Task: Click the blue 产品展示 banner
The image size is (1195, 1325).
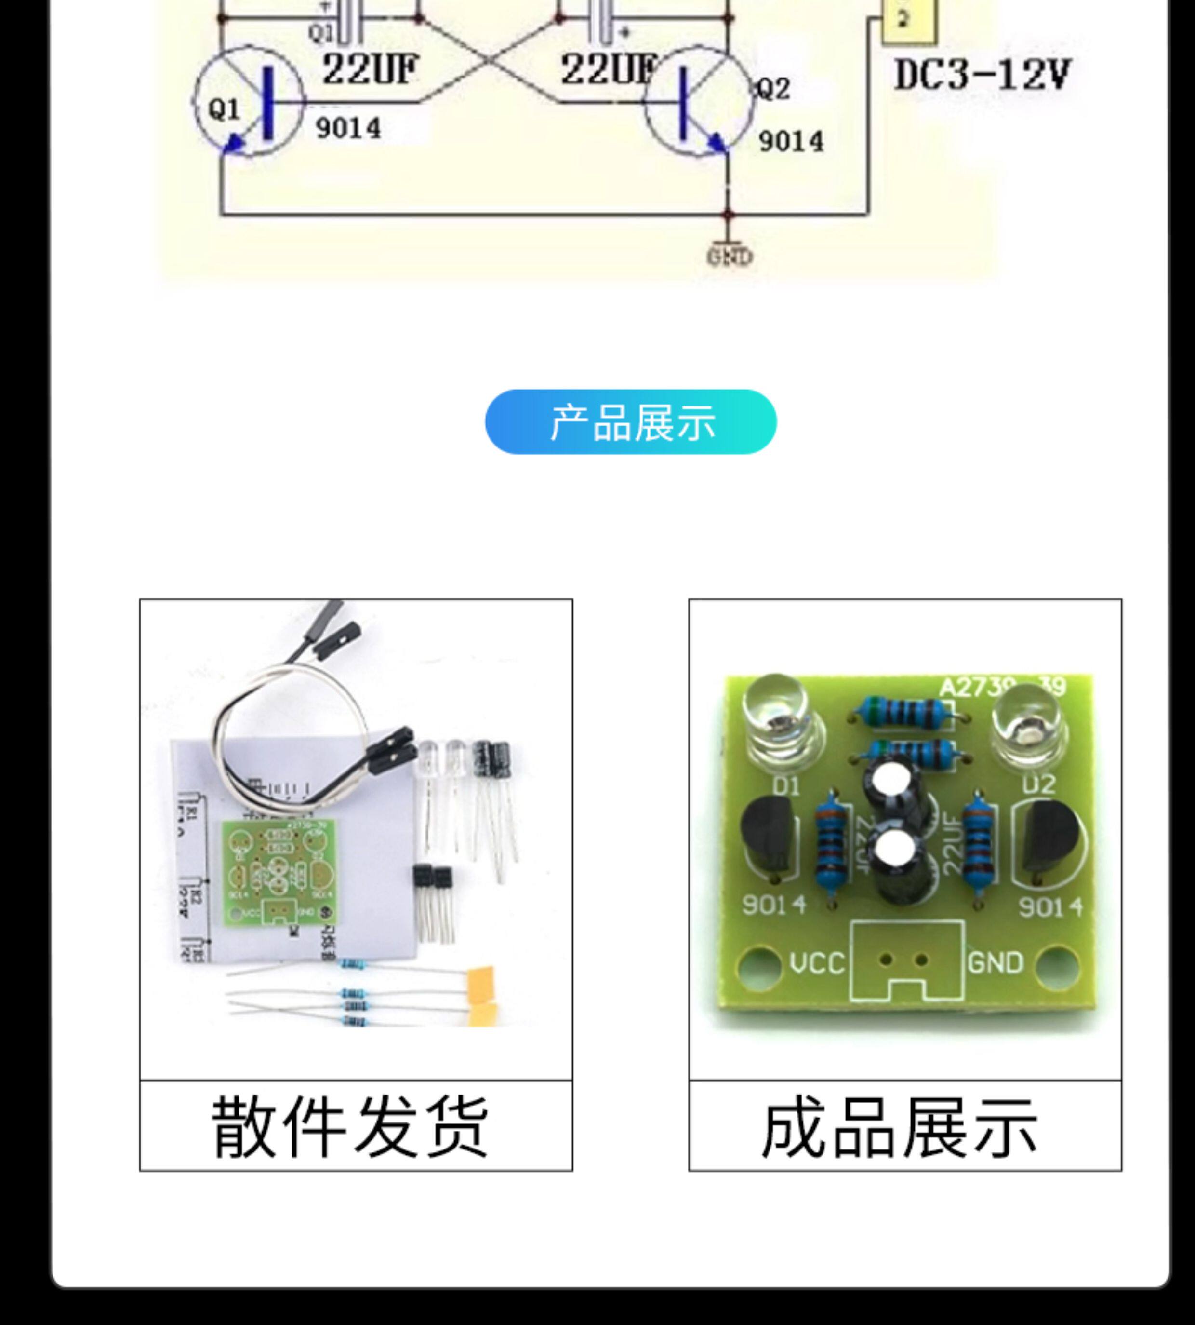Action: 630,422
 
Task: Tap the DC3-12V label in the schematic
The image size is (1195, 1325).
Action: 982,76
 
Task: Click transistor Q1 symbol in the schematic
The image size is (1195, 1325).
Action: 250,102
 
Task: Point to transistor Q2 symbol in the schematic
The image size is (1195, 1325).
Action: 698,102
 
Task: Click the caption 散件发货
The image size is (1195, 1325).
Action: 350,1127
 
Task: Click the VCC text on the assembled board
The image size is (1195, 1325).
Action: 817,963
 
